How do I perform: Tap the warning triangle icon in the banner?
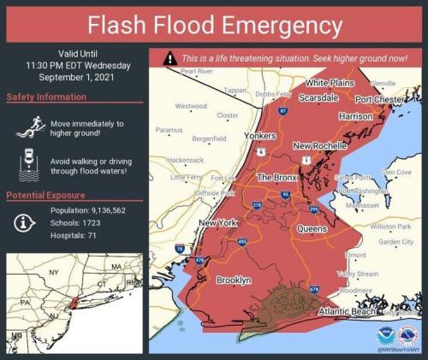tap(171, 58)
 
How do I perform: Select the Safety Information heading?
tap(44, 97)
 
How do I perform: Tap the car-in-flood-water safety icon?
tap(28, 165)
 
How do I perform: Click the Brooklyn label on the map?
tap(234, 280)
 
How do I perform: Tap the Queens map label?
tap(312, 229)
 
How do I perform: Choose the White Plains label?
tap(330, 83)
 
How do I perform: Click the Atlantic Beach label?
tap(347, 312)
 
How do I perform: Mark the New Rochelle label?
tap(318, 146)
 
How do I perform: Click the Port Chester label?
tap(381, 99)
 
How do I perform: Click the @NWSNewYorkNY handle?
tap(398, 349)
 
